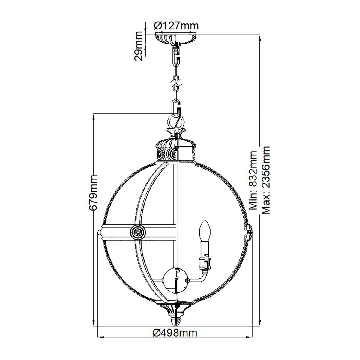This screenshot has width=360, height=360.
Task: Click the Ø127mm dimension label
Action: point(176,26)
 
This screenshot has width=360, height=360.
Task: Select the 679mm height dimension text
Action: point(94,192)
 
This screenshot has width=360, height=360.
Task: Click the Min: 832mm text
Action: point(253,180)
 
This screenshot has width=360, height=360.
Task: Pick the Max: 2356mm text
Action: point(266,180)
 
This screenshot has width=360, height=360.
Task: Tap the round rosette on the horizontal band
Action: point(138,232)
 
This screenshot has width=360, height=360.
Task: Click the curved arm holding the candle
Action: point(198,277)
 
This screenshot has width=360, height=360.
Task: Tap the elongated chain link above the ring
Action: point(176,106)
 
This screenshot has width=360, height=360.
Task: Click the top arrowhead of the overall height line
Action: point(260,38)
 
